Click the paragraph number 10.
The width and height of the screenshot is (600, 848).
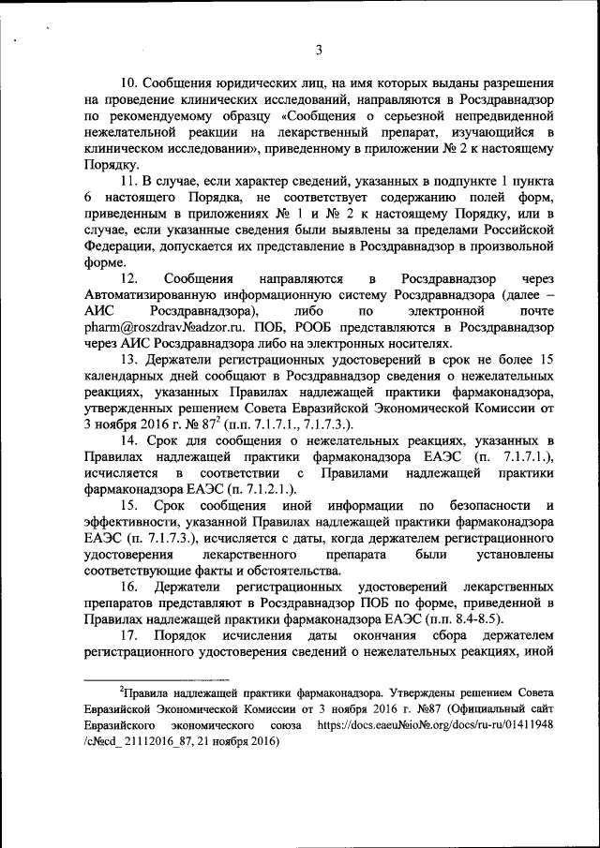click(130, 82)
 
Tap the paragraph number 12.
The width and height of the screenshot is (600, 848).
click(130, 279)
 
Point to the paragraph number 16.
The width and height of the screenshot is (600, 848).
click(130, 586)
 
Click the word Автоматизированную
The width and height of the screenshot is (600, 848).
click(155, 295)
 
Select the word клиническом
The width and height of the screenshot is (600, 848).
click(123, 147)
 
